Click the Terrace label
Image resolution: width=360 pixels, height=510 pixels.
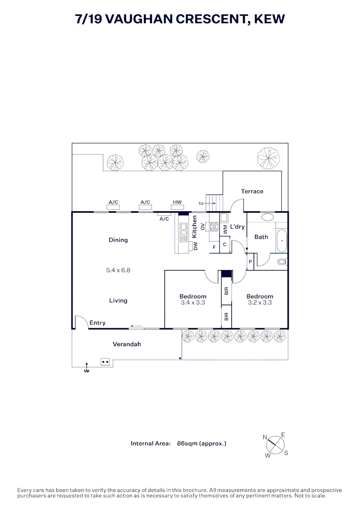[252, 191]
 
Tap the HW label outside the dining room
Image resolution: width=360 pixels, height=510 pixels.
[177, 202]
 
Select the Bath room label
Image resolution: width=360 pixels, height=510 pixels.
[261, 237]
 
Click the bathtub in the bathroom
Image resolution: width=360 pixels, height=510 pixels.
[282, 241]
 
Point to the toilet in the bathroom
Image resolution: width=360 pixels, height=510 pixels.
[283, 262]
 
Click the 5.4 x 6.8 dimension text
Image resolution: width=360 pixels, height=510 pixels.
[118, 270]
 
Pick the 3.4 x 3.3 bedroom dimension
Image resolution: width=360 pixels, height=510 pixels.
[193, 303]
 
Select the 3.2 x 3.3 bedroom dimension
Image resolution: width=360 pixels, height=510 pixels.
[260, 303]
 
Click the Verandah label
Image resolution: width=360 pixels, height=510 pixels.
[127, 344]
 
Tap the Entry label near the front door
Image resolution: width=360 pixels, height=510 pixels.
[98, 323]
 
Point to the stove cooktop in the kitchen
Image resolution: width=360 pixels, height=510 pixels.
[214, 226]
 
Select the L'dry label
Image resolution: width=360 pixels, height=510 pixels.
[237, 226]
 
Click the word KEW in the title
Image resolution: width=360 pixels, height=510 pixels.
[269, 19]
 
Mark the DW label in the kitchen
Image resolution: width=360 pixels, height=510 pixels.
[195, 246]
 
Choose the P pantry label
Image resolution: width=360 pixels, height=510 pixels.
[250, 262]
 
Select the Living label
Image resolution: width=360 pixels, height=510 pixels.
[118, 300]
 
